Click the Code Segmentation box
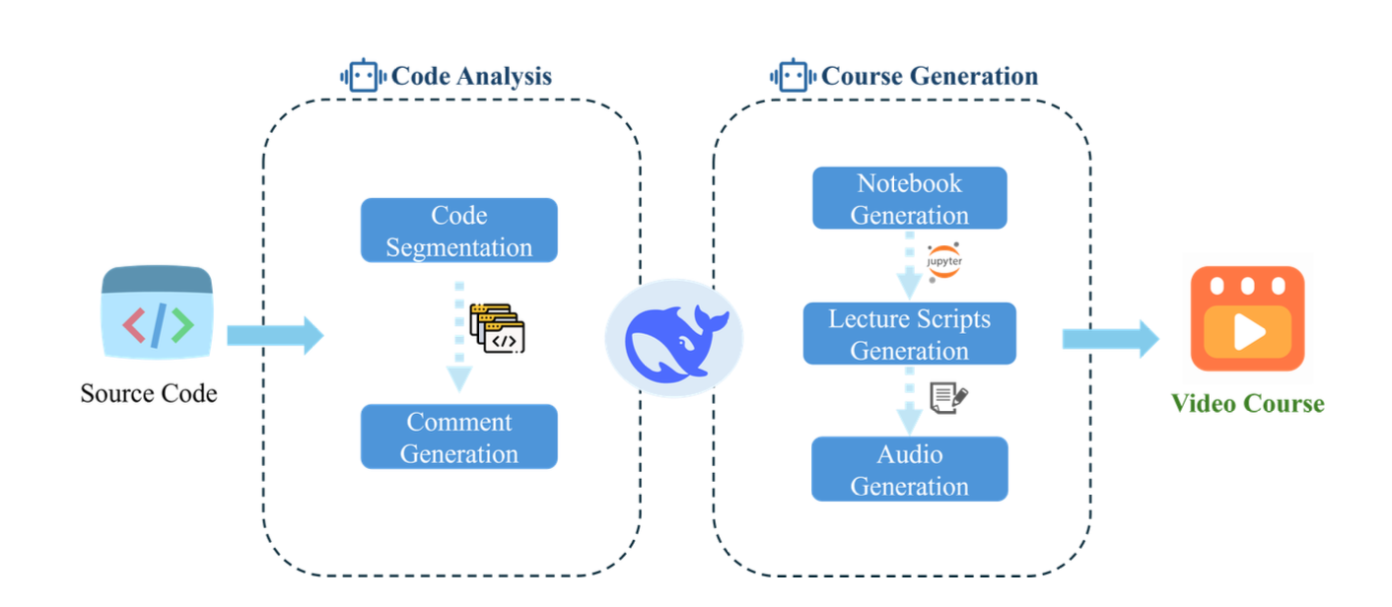point(459,231)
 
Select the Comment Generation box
point(459,437)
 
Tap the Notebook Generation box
point(909,198)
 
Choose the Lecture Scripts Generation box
point(909,334)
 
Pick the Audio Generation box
point(909,469)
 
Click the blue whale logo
point(674,338)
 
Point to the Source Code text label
point(149,394)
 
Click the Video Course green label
point(1247,403)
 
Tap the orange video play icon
point(1247,319)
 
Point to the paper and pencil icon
point(948,397)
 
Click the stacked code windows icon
point(498,328)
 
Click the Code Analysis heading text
point(472,77)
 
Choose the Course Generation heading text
point(930,77)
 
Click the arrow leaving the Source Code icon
point(274,335)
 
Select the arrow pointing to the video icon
point(1110,338)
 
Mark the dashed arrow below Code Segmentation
point(458,335)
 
